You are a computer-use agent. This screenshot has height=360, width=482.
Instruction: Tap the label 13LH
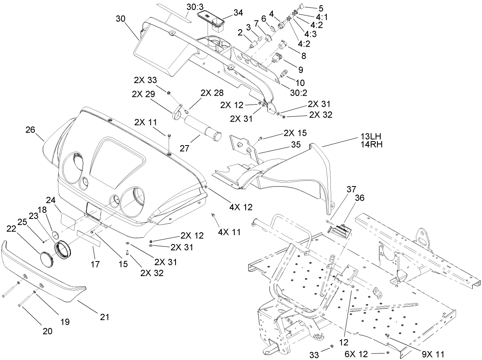pos(371,136)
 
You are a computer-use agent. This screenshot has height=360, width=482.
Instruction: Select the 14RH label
pos(371,144)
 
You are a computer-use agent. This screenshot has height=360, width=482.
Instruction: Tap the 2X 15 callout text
pos(295,133)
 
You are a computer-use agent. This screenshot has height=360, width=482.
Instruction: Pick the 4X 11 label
pos(229,232)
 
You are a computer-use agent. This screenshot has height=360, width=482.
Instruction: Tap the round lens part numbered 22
pos(48,259)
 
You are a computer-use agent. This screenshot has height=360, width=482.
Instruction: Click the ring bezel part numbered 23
pos(63,249)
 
